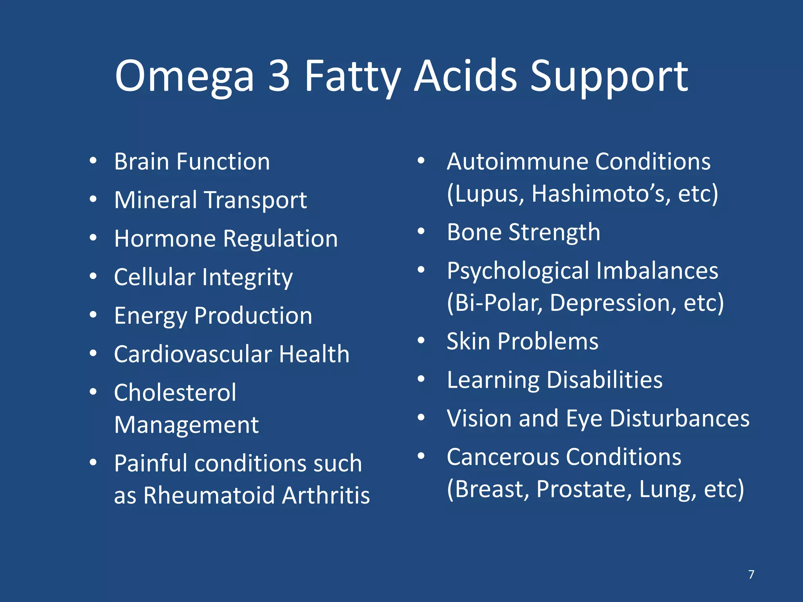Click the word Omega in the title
pyautogui.click(x=184, y=76)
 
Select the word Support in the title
pyautogui.click(x=609, y=77)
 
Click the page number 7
pyautogui.click(x=751, y=575)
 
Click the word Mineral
pyautogui.click(x=156, y=200)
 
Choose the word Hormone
pyautogui.click(x=165, y=238)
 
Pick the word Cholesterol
pyautogui.click(x=175, y=392)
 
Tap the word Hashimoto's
pyautogui.click(x=601, y=194)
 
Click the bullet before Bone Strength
pyautogui.click(x=421, y=231)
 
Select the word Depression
pyautogui.click(x=613, y=303)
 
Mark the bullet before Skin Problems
pyautogui.click(x=421, y=340)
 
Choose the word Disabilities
pyautogui.click(x=604, y=380)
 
